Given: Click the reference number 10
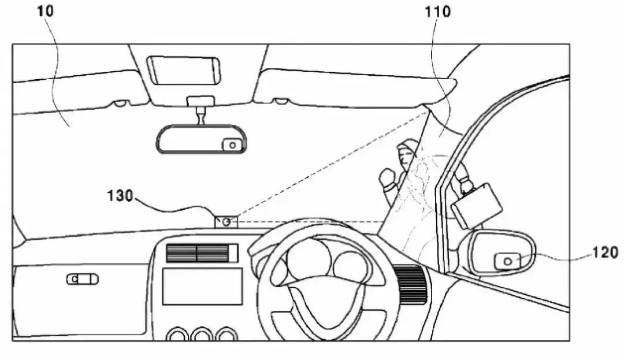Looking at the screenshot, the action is [45, 11].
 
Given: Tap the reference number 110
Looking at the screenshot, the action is [437, 12].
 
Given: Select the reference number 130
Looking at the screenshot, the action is [120, 196].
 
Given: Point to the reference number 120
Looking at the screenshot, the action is [606, 252].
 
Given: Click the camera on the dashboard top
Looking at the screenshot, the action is [226, 221].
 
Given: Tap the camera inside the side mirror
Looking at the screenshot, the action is [507, 261].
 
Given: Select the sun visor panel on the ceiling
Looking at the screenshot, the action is [184, 70].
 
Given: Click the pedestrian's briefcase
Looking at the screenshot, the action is [476, 206].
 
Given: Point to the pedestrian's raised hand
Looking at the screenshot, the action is [387, 178].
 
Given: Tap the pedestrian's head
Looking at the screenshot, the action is [407, 153].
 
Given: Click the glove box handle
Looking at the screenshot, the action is [83, 279].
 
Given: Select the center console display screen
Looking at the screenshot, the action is [203, 287].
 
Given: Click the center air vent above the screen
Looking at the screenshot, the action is [202, 253].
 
